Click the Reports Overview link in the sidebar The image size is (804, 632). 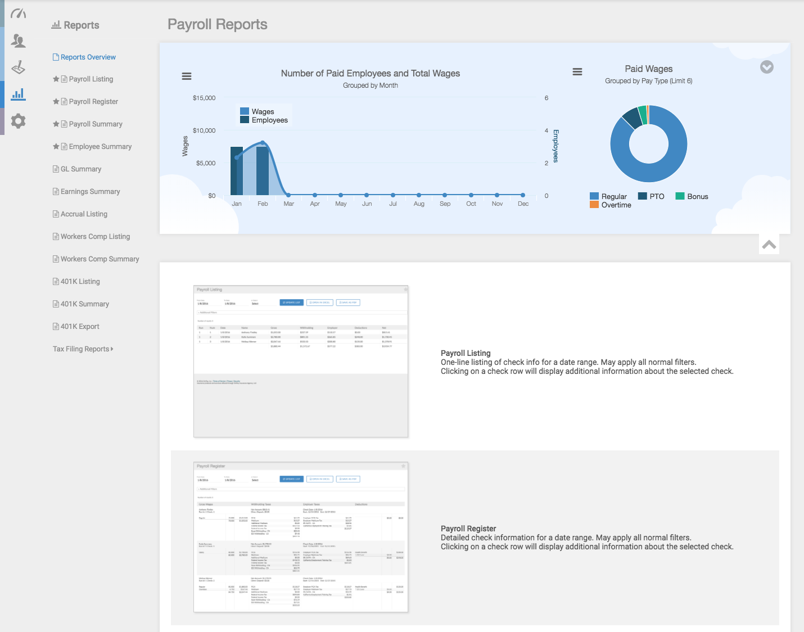tap(88, 57)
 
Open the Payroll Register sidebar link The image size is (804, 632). tap(93, 102)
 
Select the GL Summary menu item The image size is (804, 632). tap(80, 169)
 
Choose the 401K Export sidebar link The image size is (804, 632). tap(79, 327)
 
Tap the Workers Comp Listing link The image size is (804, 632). tap(94, 237)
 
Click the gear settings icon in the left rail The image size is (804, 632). tap(18, 121)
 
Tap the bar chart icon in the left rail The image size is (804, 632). tap(18, 94)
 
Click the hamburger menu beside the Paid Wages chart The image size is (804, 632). tap(577, 72)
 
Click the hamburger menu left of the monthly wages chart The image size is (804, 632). tap(187, 76)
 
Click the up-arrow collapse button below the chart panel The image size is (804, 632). tap(769, 245)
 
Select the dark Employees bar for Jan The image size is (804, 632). tap(236, 171)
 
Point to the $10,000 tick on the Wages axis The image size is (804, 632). tap(204, 130)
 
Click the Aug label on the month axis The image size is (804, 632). tap(419, 204)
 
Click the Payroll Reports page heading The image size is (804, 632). tap(218, 25)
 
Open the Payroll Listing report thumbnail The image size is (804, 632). tap(301, 361)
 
